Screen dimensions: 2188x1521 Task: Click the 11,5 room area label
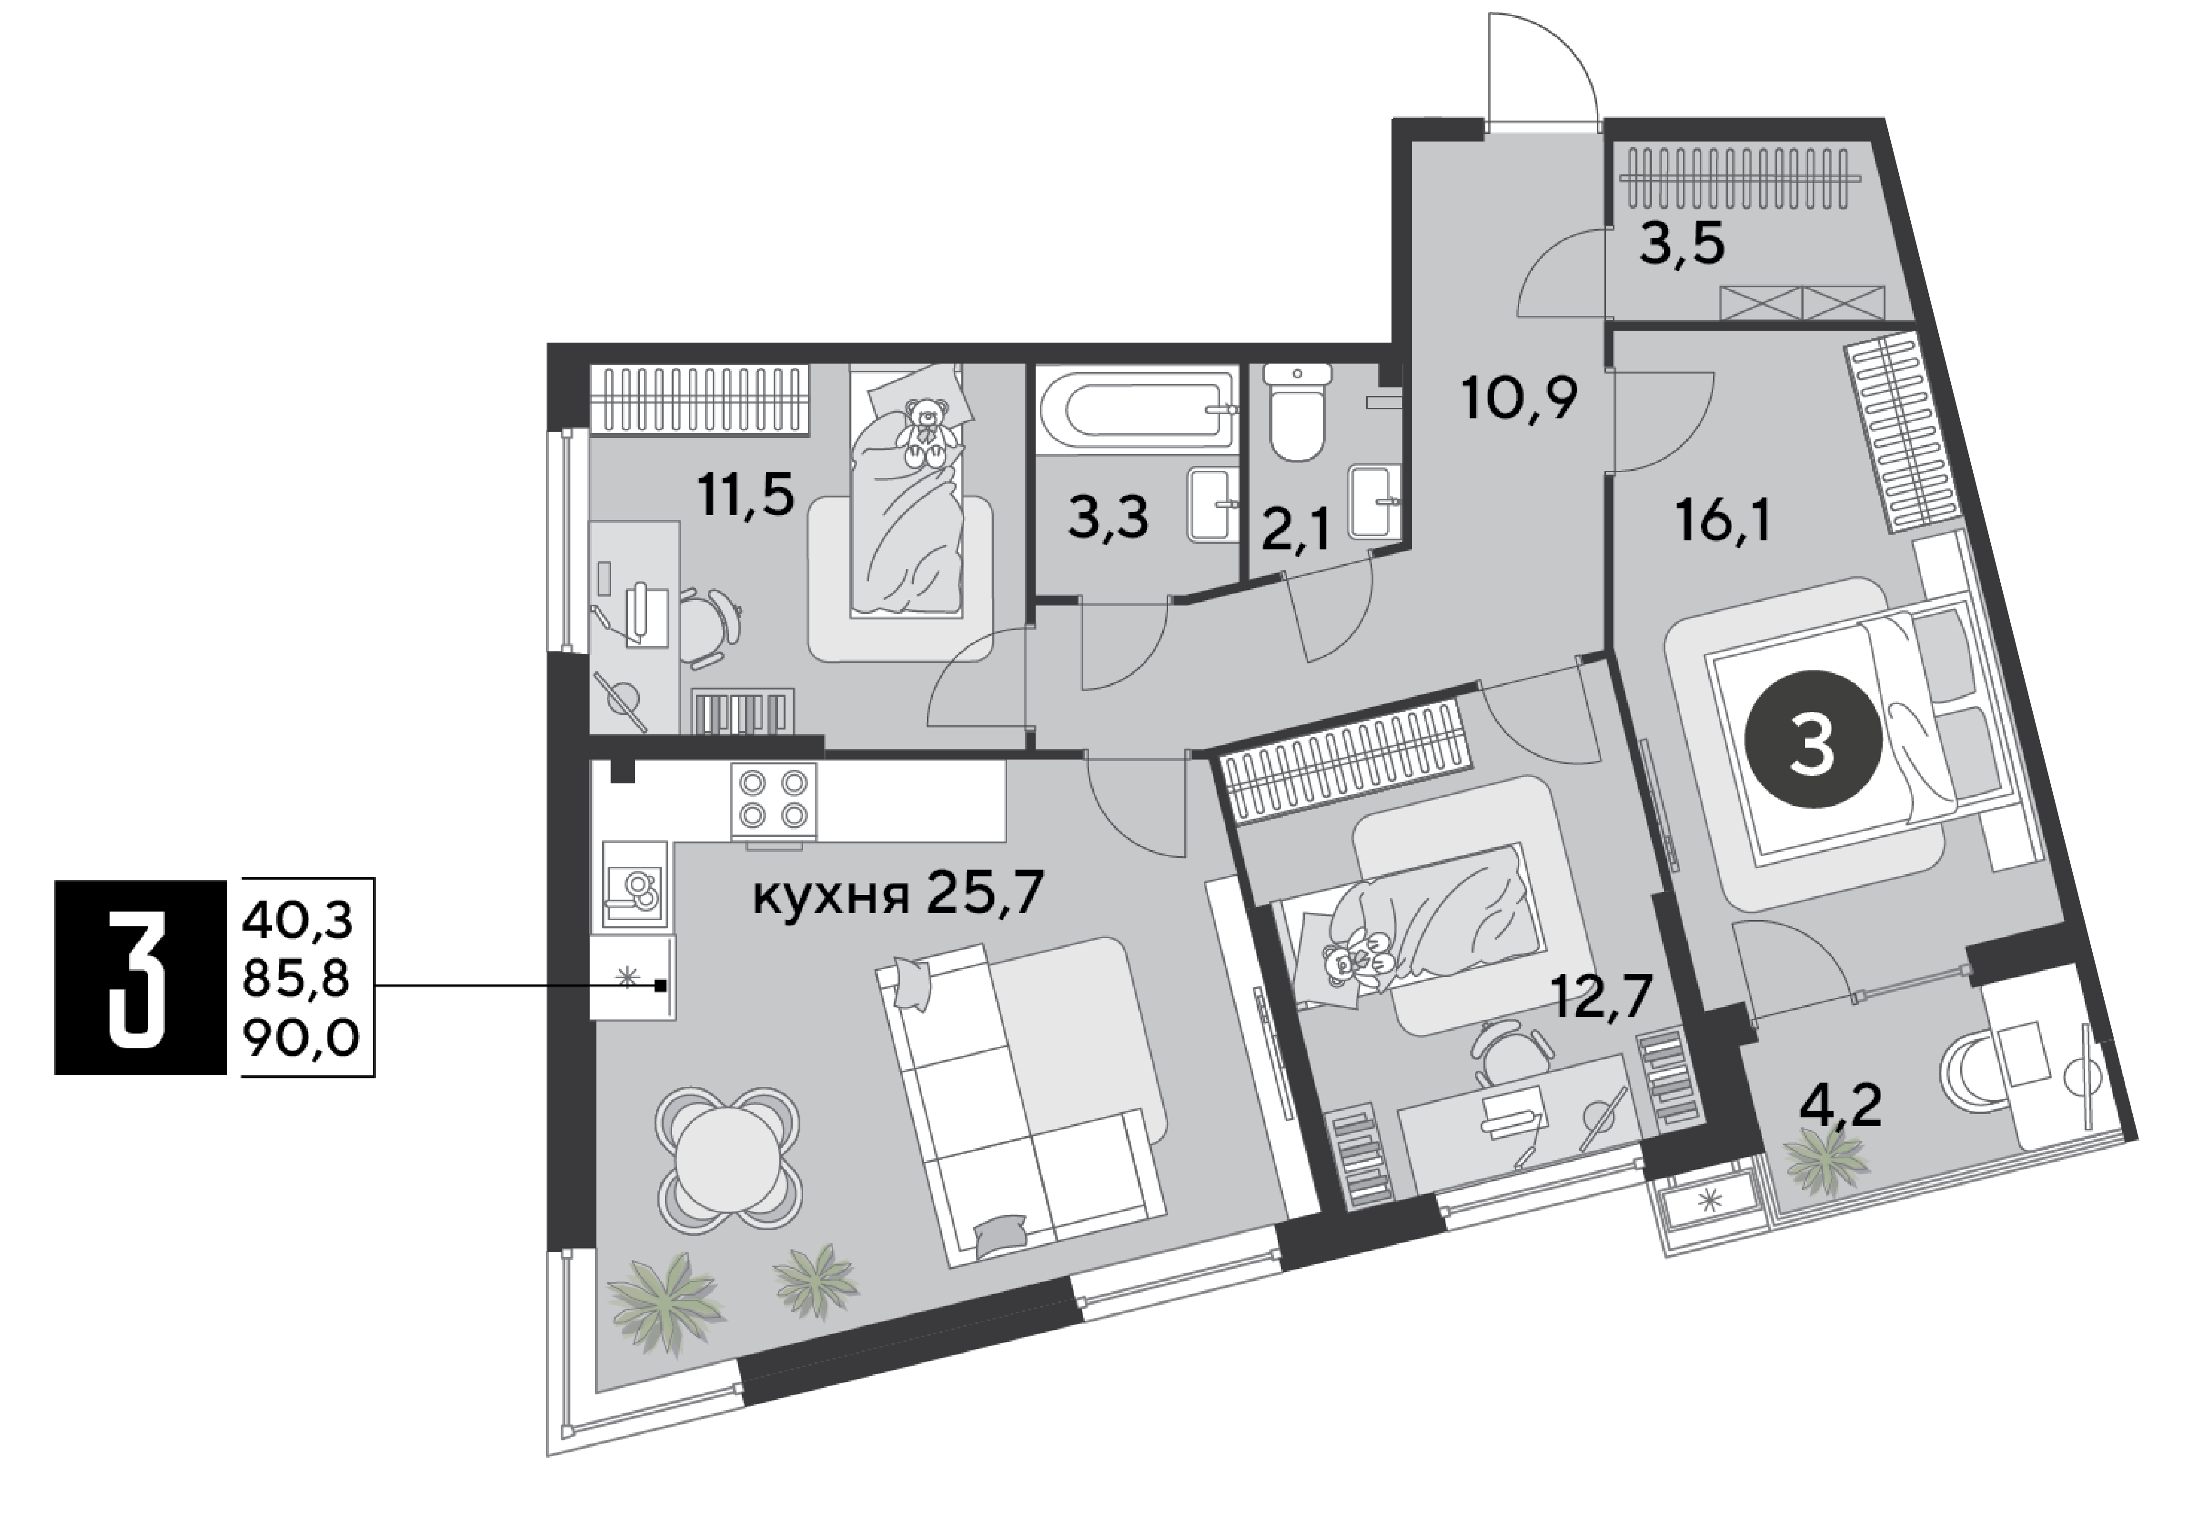[x=746, y=494]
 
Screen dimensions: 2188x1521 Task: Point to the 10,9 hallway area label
[x=1520, y=398]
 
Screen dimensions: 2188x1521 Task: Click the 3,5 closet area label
[x=1682, y=245]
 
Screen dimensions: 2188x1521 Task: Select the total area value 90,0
[x=300, y=1039]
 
